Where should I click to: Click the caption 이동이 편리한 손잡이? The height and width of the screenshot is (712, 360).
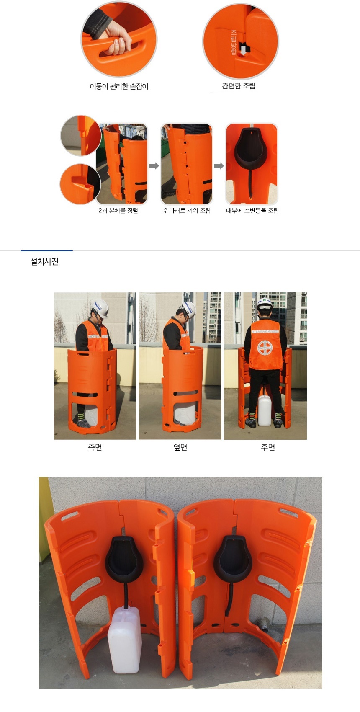point(119,86)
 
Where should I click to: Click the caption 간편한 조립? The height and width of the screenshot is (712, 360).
point(239,86)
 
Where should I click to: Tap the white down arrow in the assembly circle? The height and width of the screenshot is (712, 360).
point(244,49)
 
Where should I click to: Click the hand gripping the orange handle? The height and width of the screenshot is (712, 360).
point(118,40)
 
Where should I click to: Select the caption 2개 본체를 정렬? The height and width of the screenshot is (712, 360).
point(118,210)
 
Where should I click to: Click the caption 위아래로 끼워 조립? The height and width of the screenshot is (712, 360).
point(187,210)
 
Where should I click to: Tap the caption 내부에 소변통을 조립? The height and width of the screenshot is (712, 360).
point(252,210)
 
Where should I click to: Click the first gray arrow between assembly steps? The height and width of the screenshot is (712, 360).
point(154,165)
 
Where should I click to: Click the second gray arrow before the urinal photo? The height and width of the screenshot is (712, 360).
point(219,165)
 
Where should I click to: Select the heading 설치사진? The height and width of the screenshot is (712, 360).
point(44,262)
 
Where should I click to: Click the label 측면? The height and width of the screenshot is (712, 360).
point(95,447)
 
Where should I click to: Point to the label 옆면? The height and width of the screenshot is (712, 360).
point(180,447)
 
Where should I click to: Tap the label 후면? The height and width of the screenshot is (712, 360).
point(268,447)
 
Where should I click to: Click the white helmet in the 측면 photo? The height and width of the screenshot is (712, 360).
point(101,308)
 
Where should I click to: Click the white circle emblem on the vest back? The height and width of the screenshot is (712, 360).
point(265,348)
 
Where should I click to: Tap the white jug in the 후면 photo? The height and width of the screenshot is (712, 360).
point(265,410)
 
